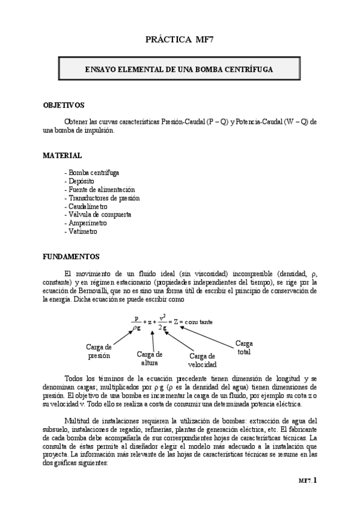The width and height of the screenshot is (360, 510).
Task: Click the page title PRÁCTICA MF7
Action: (x=180, y=40)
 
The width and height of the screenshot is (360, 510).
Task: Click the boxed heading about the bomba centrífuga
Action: (x=180, y=70)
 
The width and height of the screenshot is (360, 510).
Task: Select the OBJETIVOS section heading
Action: (x=63, y=105)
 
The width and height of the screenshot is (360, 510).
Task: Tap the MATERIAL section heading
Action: (x=62, y=155)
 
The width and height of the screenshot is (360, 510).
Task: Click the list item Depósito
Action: (x=79, y=180)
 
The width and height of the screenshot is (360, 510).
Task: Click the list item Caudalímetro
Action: (x=87, y=206)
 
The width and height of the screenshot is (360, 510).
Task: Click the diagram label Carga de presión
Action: (x=99, y=351)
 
